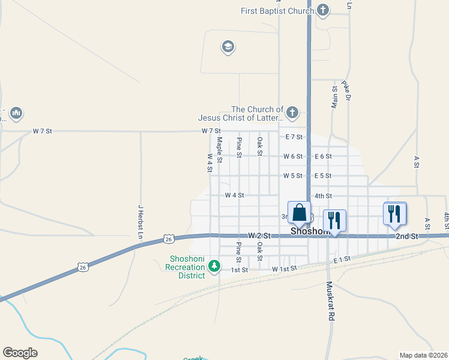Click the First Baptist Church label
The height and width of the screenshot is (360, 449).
coord(277,11)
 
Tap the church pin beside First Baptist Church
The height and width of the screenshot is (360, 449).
coord(323,10)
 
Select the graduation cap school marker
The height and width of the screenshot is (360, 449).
coord(228,46)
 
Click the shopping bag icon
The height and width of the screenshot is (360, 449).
coord(299,214)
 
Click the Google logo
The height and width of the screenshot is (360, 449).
coord(20,353)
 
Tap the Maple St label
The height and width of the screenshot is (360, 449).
coord(220,150)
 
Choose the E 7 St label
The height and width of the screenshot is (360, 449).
coord(294,137)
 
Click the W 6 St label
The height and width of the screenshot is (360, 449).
coord(293,156)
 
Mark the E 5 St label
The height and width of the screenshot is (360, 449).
coord(323,176)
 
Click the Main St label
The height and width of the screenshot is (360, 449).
coord(334,97)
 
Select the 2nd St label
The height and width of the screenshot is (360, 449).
coord(406,237)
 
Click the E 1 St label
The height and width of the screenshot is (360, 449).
coord(341,260)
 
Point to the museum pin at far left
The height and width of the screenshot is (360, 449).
coord(16,113)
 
